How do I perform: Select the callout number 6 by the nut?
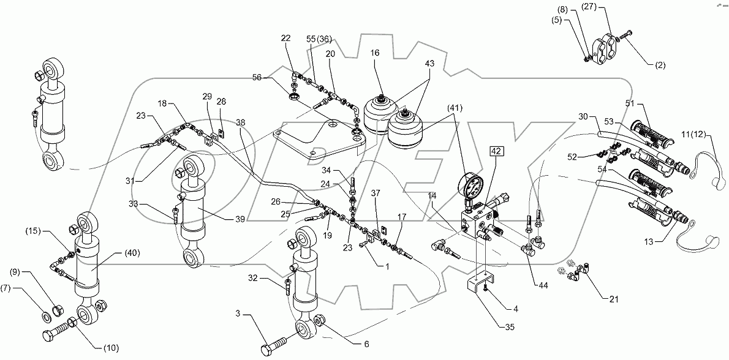point(366,343)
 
